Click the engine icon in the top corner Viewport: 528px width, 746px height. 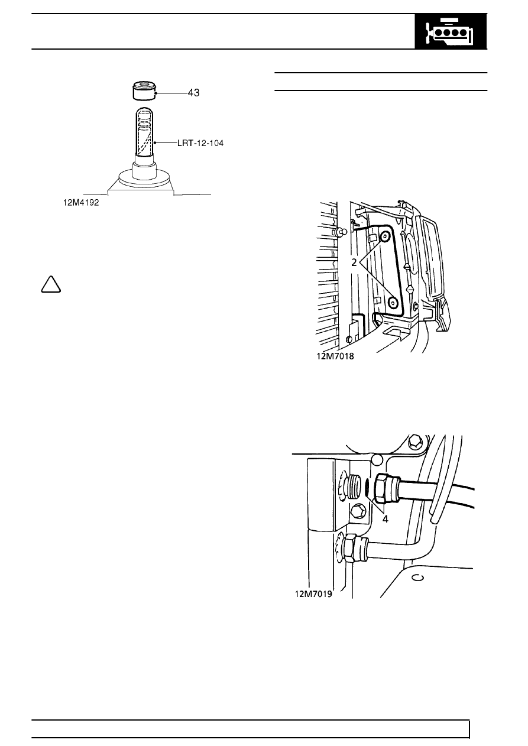pyautogui.click(x=451, y=31)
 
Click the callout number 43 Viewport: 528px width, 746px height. pyautogui.click(x=193, y=93)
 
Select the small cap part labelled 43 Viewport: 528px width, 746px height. pyautogui.click(x=144, y=90)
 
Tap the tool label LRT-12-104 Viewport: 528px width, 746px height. pyautogui.click(x=200, y=144)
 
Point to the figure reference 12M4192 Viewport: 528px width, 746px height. pyautogui.click(x=81, y=203)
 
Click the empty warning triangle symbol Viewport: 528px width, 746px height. pyautogui.click(x=51, y=284)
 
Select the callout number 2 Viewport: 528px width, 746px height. pyautogui.click(x=354, y=263)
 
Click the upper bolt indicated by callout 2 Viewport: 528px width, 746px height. pyautogui.click(x=385, y=237)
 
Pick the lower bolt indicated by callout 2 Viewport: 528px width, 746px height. pyautogui.click(x=393, y=303)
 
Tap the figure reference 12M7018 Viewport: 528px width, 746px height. pyautogui.click(x=335, y=356)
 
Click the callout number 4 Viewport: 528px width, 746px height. pyautogui.click(x=386, y=519)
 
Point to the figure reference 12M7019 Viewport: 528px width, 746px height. pyautogui.click(x=313, y=594)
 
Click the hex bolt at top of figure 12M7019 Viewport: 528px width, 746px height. pyautogui.click(x=414, y=442)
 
